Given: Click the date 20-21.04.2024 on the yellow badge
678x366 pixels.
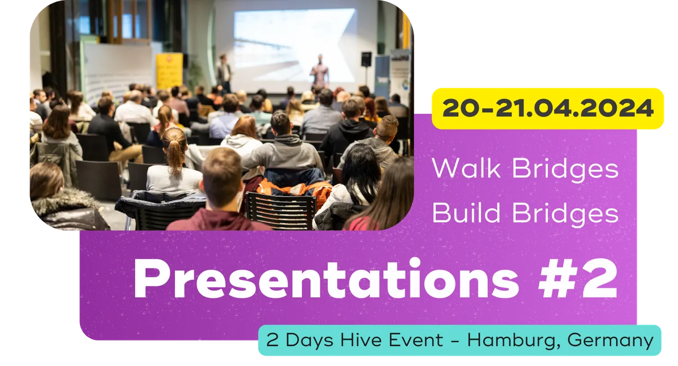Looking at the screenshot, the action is click(548, 108).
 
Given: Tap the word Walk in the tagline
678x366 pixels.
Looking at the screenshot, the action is click(466, 168).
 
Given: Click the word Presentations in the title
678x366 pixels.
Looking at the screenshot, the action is click(326, 279).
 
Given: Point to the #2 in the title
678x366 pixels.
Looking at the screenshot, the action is click(577, 279).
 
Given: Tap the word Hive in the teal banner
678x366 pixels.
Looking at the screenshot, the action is click(361, 340).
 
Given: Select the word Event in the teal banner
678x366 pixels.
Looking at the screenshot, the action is click(416, 340).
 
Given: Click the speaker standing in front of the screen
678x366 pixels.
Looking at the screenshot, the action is click(319, 70).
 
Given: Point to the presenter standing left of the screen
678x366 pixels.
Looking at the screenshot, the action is click(224, 73).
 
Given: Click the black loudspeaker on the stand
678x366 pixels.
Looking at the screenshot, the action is click(366, 59).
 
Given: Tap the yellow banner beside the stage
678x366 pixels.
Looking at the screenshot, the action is click(169, 71).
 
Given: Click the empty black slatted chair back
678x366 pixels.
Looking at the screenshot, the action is click(280, 210).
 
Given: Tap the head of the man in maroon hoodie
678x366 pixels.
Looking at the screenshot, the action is click(222, 177).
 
